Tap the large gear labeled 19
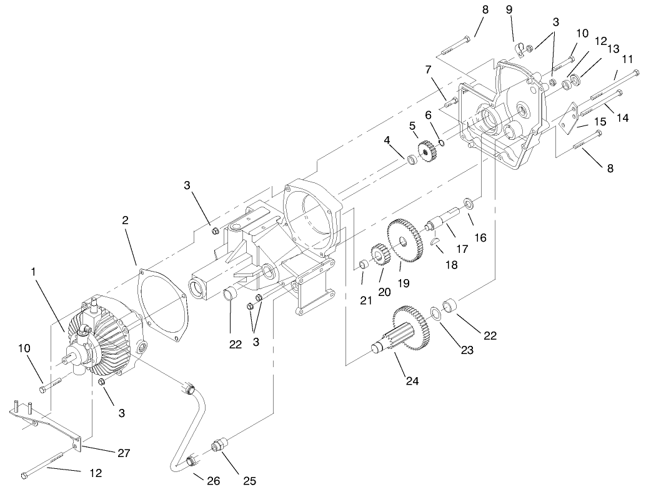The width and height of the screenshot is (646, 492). (405, 240)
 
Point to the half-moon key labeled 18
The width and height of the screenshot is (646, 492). (435, 242)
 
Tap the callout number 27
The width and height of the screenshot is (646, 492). (124, 453)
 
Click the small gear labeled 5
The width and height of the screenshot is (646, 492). (427, 150)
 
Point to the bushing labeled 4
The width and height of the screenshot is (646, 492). (412, 161)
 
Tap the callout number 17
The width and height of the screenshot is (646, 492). (463, 248)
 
